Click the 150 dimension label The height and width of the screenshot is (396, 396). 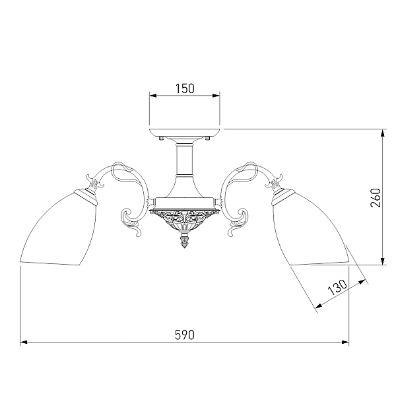(185, 88)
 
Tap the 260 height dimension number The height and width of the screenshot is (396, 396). (376, 197)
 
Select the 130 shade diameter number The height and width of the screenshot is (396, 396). (338, 287)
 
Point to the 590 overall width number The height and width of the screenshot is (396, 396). (185, 335)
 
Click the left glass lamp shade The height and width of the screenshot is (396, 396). (59, 227)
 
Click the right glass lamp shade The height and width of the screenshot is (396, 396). (310, 227)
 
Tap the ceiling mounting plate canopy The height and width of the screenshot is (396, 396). (184, 133)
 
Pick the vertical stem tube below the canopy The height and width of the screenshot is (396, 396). (184, 159)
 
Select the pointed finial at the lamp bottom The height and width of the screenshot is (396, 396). (185, 241)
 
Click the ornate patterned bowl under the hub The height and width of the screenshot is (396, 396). (185, 219)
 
